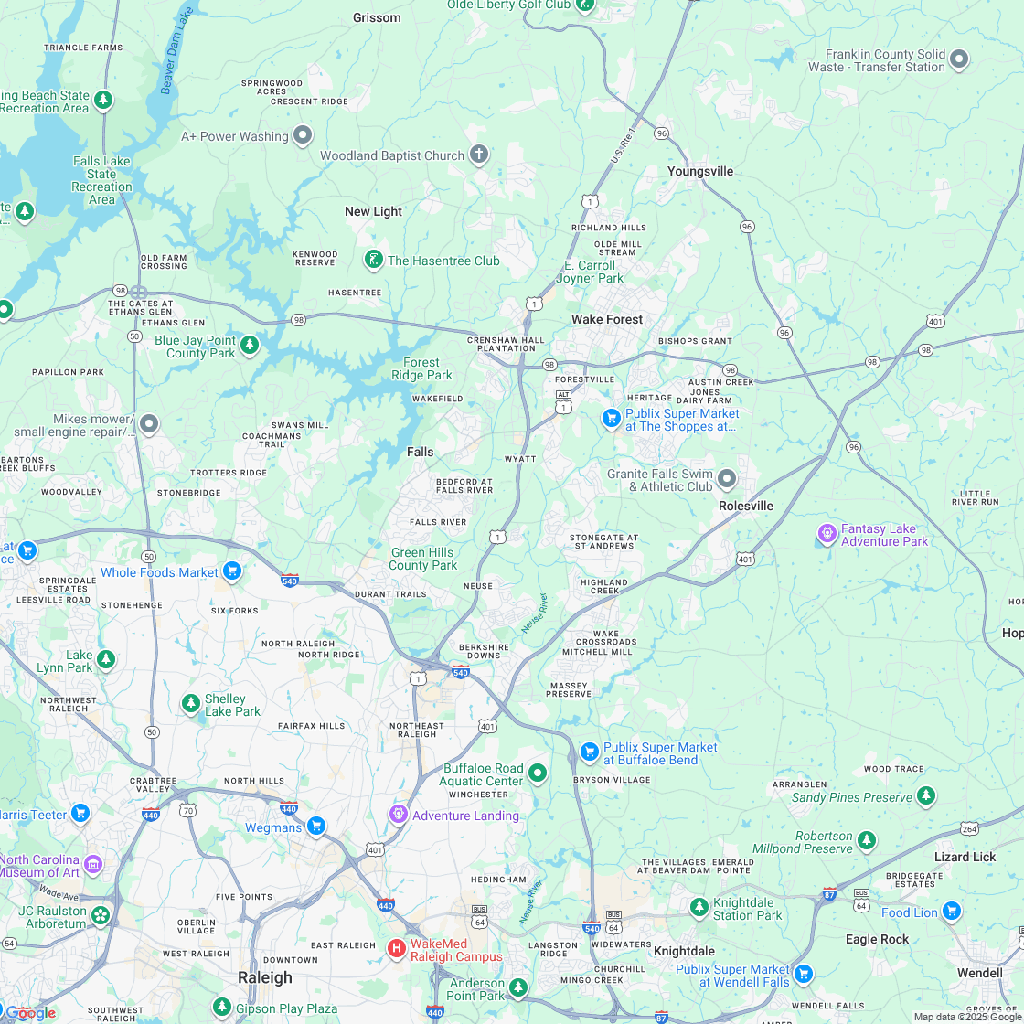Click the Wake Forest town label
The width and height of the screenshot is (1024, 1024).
point(607,319)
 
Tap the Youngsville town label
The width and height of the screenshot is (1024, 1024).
point(700,171)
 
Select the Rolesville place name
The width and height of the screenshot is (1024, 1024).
point(745,506)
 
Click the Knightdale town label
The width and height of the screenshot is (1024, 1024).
point(684,951)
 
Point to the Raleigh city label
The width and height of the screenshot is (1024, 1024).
point(265,977)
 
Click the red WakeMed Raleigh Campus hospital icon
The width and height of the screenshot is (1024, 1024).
point(397,948)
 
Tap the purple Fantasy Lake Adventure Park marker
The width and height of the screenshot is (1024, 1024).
point(827,532)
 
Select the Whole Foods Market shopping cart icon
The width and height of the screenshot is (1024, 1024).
point(232,571)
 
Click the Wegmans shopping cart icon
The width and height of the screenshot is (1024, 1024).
point(316,827)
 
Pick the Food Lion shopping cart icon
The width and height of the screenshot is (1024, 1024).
point(952,911)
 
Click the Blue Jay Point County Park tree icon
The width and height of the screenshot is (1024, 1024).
point(250,345)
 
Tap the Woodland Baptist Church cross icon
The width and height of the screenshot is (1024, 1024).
point(479,154)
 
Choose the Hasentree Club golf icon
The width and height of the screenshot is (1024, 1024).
point(373,260)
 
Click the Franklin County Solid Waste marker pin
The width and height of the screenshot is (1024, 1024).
point(959,60)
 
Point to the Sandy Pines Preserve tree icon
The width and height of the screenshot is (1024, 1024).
point(926,795)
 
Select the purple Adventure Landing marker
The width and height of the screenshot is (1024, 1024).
point(399,814)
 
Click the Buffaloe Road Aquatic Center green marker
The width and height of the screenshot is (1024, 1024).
point(538,773)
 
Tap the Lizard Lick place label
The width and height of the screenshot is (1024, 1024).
point(965,857)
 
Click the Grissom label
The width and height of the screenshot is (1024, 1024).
point(377,17)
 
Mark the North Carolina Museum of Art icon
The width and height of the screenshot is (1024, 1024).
point(93,864)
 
